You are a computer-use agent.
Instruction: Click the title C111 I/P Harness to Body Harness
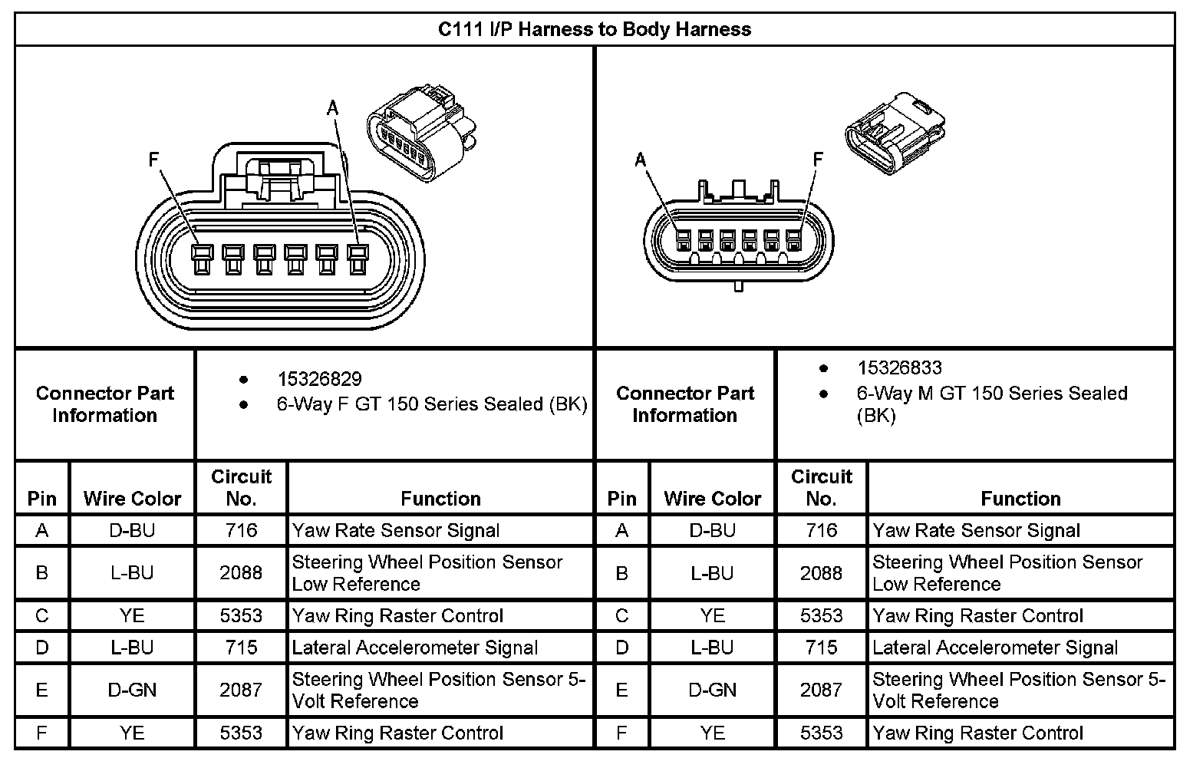coord(595,30)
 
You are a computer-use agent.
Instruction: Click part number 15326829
coord(319,379)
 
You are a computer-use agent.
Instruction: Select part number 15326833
coord(899,368)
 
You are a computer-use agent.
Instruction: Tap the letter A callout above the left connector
coord(332,109)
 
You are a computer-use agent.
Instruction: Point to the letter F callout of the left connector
coord(153,160)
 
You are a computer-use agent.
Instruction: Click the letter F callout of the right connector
coord(818,159)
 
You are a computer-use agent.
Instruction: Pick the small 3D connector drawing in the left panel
coord(421,135)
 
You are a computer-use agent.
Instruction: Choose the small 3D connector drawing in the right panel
coord(895,135)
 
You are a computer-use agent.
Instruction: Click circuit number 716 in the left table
coord(241,530)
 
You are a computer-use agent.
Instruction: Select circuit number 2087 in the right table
coord(821,690)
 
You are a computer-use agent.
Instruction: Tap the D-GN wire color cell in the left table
coord(132,690)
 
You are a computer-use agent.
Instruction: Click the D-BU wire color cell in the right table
coord(712,530)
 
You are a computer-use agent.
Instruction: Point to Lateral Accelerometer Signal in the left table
coord(415,648)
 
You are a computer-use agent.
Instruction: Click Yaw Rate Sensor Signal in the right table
coord(976,530)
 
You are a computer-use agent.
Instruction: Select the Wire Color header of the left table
coord(132,499)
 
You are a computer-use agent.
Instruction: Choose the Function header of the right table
coord(1020,499)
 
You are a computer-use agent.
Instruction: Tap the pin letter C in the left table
coord(42,615)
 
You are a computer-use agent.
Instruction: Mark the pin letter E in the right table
coord(622,690)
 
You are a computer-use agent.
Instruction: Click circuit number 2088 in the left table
coord(241,572)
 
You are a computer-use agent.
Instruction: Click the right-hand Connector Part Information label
coord(684,404)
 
